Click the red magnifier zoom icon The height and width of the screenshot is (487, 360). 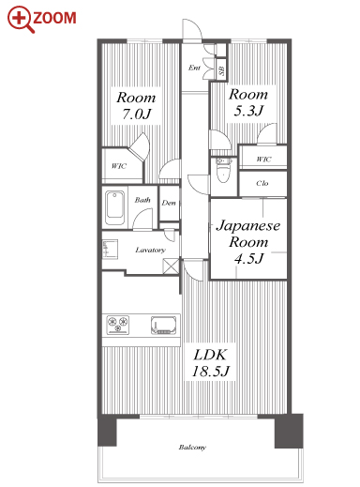pos(21,20)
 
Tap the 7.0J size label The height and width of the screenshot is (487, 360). pos(136,114)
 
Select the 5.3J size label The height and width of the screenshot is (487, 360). pos(248,111)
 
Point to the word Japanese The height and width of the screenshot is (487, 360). pos(248,226)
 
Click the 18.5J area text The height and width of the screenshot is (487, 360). pos(210,372)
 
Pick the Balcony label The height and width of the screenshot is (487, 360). pos(192,448)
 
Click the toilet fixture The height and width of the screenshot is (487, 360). pos(223,170)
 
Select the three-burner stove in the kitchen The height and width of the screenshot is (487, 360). pos(118,325)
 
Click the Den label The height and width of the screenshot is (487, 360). pos(169,203)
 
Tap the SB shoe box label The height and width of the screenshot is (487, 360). pos(221,70)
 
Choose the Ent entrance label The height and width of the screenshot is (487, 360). pos(194,68)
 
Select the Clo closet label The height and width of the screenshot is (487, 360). pos(262,183)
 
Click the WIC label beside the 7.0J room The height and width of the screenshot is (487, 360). pos(119,166)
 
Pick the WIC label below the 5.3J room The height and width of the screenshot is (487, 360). pos(263,160)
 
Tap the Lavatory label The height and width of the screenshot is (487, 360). pos(150,250)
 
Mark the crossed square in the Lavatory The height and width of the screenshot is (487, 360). pos(171,266)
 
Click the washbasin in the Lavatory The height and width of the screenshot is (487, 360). pos(110,249)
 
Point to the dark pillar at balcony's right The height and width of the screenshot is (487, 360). pos(289,431)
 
